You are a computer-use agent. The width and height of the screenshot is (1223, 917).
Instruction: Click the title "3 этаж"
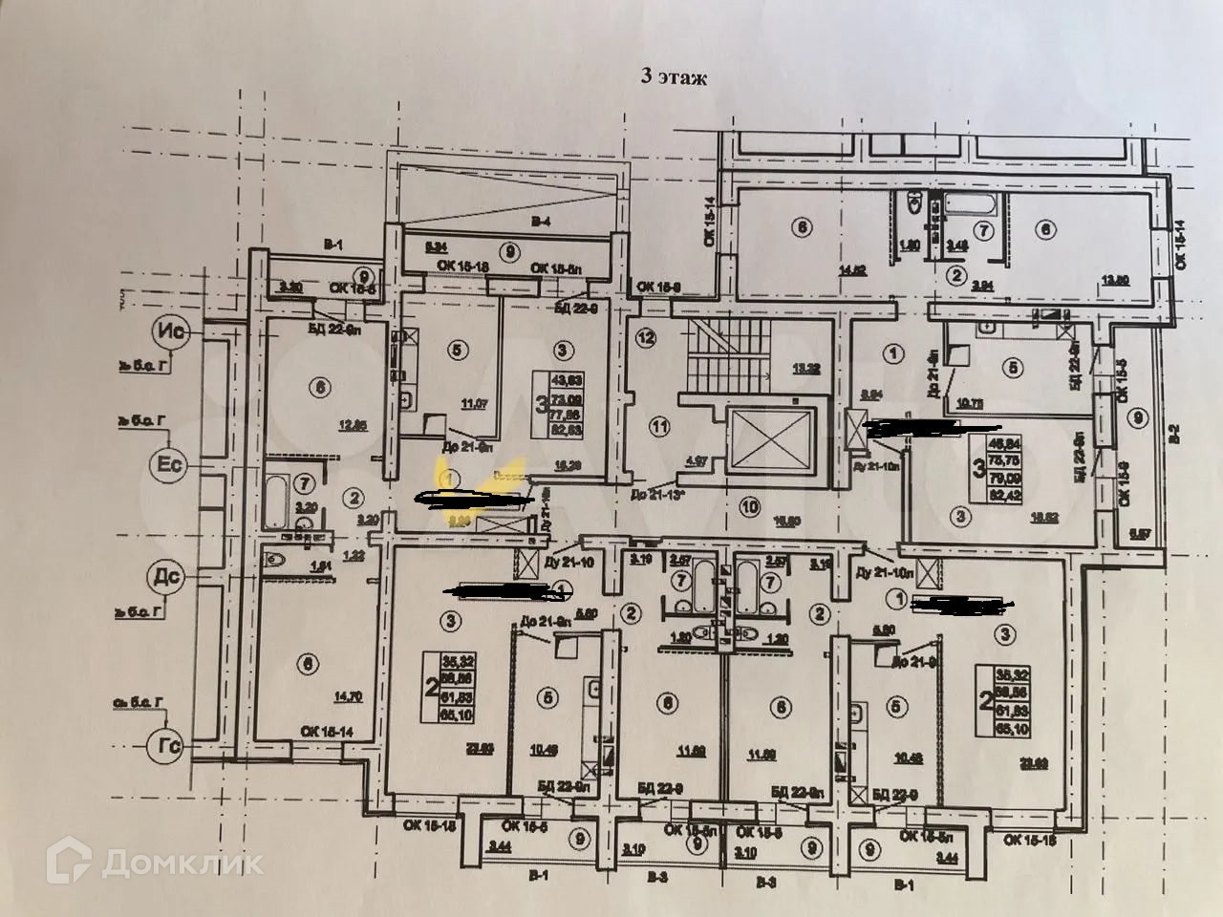674,79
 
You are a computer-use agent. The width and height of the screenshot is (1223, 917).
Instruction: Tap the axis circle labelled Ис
174,332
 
